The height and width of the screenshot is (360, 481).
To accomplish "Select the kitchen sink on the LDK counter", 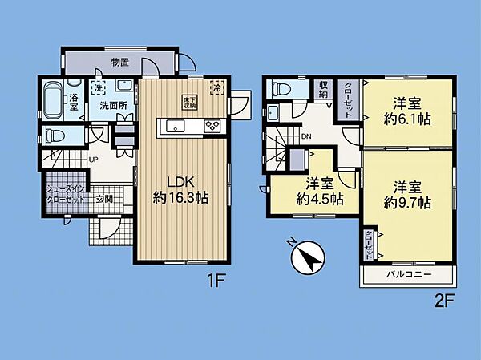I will [x=175, y=125].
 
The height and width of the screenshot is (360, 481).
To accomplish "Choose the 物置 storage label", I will [x=121, y=62].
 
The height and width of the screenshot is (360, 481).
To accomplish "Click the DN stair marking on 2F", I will [x=305, y=136].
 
